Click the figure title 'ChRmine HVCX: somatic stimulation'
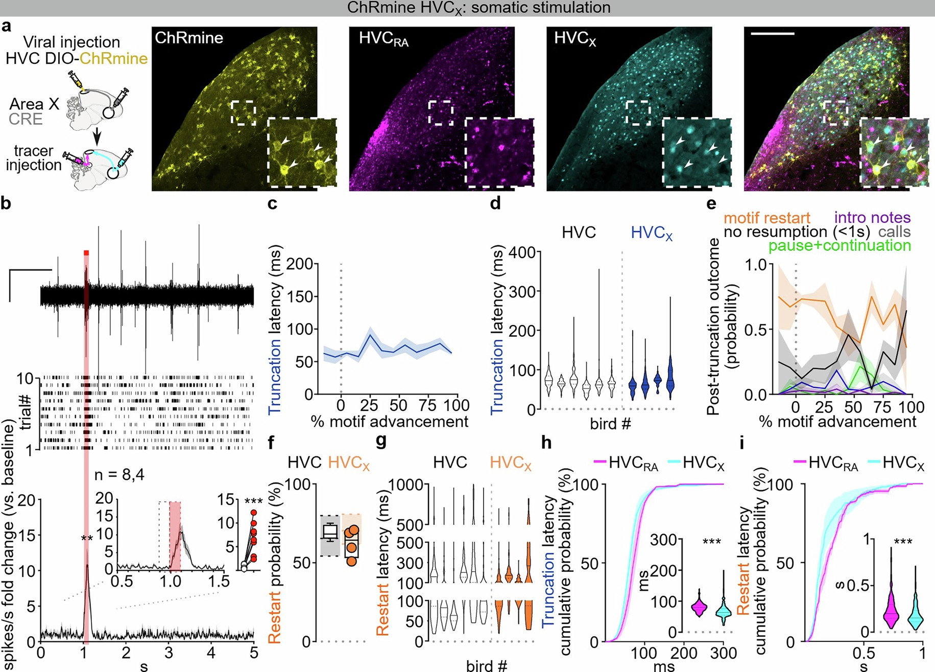click(478, 8)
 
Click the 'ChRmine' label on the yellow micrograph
click(189, 38)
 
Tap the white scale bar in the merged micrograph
click(773, 34)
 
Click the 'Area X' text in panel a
click(34, 104)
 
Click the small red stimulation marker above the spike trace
click(86, 252)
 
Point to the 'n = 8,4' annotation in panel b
click(119, 475)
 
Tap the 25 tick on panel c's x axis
click(369, 406)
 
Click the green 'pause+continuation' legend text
click(840, 246)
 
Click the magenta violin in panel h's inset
click(699, 606)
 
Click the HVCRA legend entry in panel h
click(627, 463)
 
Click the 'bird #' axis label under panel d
click(610, 424)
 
